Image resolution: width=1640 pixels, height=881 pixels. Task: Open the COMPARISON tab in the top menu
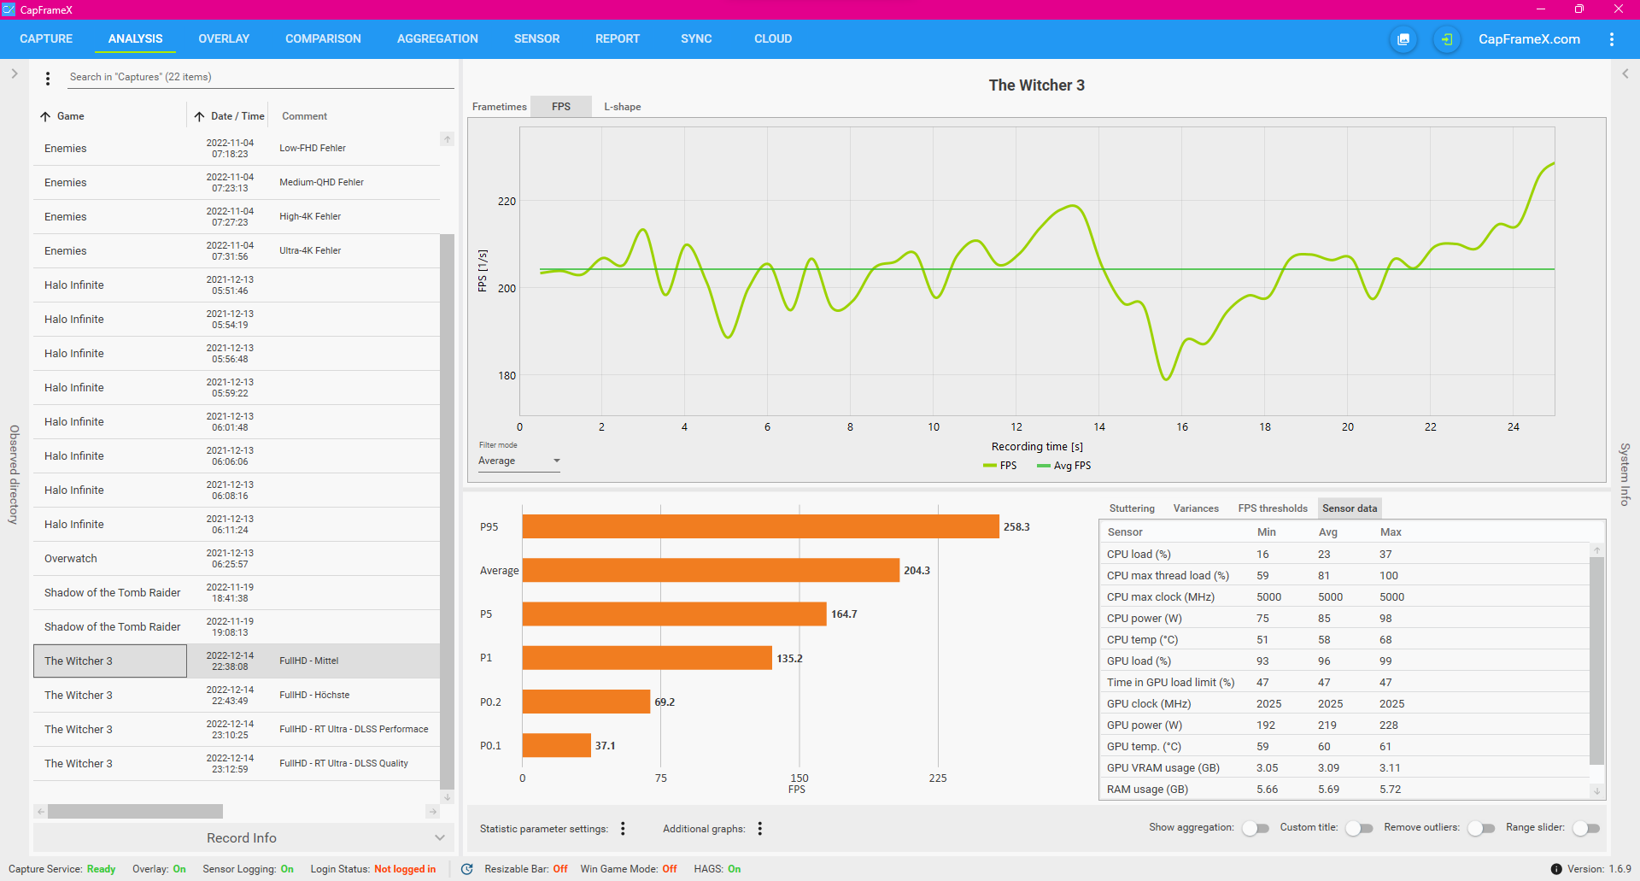pyautogui.click(x=323, y=38)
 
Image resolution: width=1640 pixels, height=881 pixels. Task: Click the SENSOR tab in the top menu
pyautogui.click(x=536, y=38)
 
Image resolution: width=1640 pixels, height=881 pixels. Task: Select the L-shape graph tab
pyautogui.click(x=622, y=107)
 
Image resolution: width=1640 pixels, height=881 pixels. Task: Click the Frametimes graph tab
pyautogui.click(x=499, y=107)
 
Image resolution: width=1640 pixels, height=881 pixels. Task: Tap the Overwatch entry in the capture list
pyautogui.click(x=71, y=559)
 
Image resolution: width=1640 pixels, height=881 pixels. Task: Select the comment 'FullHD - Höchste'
pyautogui.click(x=314, y=695)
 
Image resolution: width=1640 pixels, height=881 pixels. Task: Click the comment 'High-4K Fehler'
pyautogui.click(x=310, y=216)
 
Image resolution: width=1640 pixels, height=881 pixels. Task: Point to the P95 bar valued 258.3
pyautogui.click(x=760, y=526)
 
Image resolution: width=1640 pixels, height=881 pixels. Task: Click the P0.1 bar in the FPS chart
pyautogui.click(x=556, y=745)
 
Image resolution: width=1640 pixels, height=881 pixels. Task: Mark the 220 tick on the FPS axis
pyautogui.click(x=507, y=202)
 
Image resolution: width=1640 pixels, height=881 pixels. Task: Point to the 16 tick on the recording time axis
pyautogui.click(x=1182, y=427)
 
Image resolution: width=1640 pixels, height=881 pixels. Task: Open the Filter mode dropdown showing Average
pyautogui.click(x=518, y=461)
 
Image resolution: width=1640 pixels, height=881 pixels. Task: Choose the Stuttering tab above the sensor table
pyautogui.click(x=1132, y=508)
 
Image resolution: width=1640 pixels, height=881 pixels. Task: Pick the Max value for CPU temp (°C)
pyautogui.click(x=1385, y=640)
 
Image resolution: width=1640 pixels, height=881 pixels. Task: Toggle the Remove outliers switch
pyautogui.click(x=1482, y=828)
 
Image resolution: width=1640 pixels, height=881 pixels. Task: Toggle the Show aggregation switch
pyautogui.click(x=1256, y=828)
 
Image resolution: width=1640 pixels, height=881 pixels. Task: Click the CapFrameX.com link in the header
pyautogui.click(x=1529, y=39)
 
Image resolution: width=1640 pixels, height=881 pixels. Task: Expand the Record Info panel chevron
pyautogui.click(x=440, y=838)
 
